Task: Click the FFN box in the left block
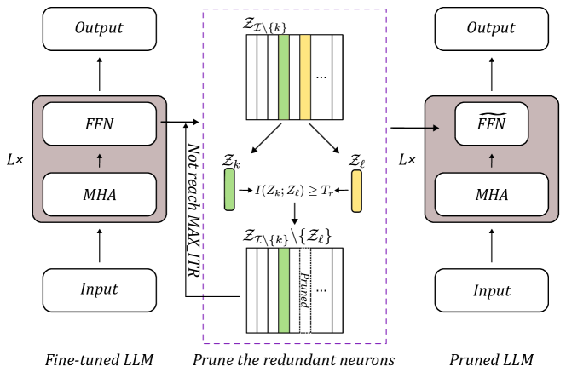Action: pos(100,124)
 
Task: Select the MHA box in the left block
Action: pos(100,195)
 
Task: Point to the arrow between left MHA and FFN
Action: pos(100,160)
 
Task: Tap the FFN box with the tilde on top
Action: pos(492,124)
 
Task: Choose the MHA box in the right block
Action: pos(492,195)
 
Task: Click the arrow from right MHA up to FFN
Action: pos(492,160)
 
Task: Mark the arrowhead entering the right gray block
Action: pos(436,129)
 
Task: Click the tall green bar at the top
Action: pos(284,77)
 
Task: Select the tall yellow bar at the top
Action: pos(305,77)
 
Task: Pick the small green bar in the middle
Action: pos(229,189)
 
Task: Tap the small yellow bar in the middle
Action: pos(356,191)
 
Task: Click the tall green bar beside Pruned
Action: pos(284,290)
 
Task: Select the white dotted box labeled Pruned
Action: pos(305,291)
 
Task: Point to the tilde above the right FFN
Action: pos(492,114)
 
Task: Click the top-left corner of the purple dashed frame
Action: pos(203,10)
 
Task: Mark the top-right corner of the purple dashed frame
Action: pos(385,10)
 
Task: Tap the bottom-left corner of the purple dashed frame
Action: pos(203,343)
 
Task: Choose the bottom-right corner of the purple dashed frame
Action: pos(385,343)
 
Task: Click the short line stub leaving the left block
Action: pos(163,122)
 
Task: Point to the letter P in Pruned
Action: pos(304,277)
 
